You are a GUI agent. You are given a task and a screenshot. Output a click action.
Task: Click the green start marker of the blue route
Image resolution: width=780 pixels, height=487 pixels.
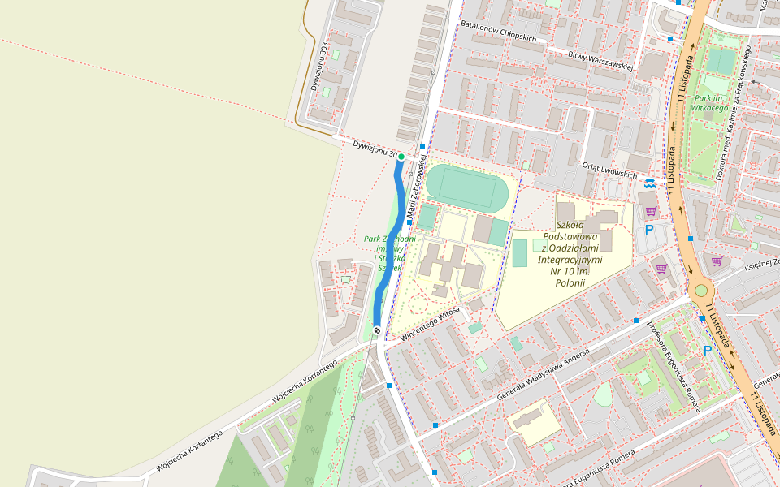click(401, 156)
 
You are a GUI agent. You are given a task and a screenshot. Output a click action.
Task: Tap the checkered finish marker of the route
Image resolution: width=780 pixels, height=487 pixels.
click(378, 330)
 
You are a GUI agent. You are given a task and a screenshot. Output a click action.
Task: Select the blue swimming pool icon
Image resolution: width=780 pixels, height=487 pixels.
click(649, 183)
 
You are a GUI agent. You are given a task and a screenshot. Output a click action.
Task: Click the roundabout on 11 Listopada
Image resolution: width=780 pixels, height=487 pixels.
click(700, 290)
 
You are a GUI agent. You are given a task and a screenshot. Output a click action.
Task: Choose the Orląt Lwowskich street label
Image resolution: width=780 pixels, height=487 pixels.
click(609, 169)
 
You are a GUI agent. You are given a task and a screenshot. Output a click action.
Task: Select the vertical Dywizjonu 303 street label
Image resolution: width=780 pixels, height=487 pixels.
click(318, 67)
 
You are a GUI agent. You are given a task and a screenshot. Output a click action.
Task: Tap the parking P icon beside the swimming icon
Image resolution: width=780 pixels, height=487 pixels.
click(648, 230)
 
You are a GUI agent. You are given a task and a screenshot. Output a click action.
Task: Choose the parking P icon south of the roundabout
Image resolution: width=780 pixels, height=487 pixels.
click(707, 350)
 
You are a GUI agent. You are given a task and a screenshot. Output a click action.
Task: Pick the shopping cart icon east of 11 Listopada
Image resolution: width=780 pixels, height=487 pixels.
click(717, 261)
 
